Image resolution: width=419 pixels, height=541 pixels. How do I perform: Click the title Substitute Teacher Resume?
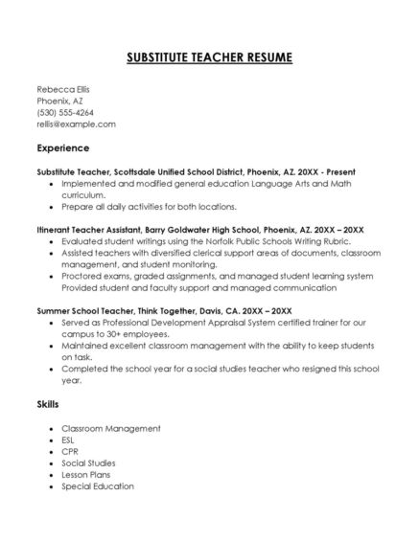209,58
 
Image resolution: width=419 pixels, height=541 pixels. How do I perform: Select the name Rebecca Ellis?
63,88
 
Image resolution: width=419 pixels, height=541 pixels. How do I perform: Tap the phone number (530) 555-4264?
65,112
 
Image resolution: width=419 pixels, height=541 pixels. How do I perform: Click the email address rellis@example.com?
76,124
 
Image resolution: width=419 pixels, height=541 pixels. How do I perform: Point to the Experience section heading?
63,148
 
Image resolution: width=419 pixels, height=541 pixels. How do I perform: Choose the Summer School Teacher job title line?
164,311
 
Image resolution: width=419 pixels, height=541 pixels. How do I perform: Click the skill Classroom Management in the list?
105,428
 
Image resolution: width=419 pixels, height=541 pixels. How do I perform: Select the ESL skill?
68,440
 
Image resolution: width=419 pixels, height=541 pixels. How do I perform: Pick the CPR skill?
69,451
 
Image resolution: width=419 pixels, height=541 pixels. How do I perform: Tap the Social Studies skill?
88,462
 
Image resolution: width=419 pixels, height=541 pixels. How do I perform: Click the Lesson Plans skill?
85,474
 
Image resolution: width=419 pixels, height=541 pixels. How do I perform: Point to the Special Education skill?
97,485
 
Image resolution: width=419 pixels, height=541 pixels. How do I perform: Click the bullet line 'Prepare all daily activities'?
149,206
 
